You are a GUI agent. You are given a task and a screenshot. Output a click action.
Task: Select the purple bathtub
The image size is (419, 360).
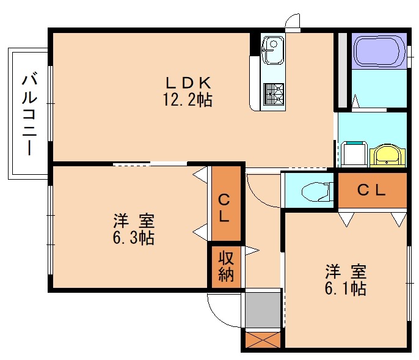(x=377, y=51)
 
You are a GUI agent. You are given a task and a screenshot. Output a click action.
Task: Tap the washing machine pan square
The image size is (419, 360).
(x=352, y=153)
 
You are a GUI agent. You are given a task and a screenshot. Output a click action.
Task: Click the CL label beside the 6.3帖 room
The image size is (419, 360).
(x=225, y=207)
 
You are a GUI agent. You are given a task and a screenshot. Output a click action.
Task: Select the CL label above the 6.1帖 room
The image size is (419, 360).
(x=371, y=190)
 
